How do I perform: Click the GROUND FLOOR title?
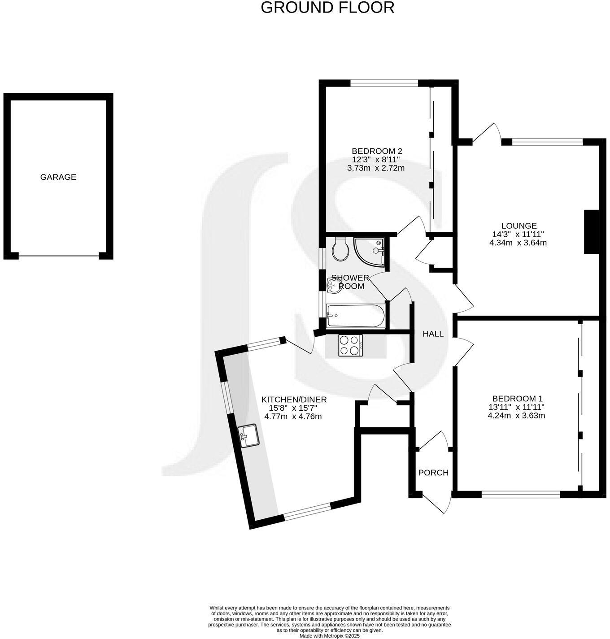point(327,8)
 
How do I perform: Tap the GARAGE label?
point(58,177)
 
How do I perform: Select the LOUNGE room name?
point(519,226)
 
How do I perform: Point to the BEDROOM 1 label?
point(517,399)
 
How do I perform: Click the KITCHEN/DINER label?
point(294,400)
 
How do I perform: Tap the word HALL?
point(433,334)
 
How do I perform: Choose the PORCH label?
point(433,473)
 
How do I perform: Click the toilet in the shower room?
point(341,249)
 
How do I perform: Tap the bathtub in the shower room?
point(355,316)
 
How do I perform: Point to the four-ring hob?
point(350,345)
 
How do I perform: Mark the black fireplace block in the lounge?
point(591,232)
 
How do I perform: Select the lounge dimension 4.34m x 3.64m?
point(519,243)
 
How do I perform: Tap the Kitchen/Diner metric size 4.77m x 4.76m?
point(293,416)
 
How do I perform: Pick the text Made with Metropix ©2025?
point(330,636)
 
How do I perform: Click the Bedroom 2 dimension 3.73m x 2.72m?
point(376,168)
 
